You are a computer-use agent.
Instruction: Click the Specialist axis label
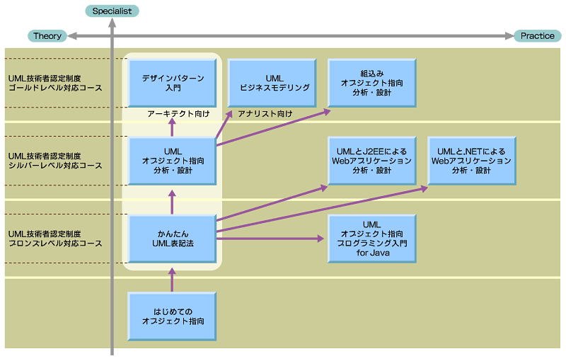pos(112,11)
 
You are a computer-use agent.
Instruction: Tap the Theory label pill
pos(47,36)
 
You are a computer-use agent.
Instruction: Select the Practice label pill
pos(537,36)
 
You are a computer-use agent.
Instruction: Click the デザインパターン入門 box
pos(172,83)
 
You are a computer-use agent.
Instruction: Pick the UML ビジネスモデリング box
pos(272,83)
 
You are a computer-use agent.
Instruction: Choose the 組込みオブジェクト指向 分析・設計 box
pos(372,83)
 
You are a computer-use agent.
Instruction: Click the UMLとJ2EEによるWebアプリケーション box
pos(372,161)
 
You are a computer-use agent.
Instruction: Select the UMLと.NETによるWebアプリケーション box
pos(472,161)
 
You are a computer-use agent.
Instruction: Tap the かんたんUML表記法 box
pos(172,239)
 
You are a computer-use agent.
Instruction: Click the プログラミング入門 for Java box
pos(372,239)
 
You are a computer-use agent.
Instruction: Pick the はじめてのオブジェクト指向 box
pos(172,316)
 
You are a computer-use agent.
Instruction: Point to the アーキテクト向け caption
pos(178,113)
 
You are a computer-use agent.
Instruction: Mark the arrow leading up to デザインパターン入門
pos(172,125)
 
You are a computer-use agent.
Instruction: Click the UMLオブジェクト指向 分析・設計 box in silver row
pos(172,161)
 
